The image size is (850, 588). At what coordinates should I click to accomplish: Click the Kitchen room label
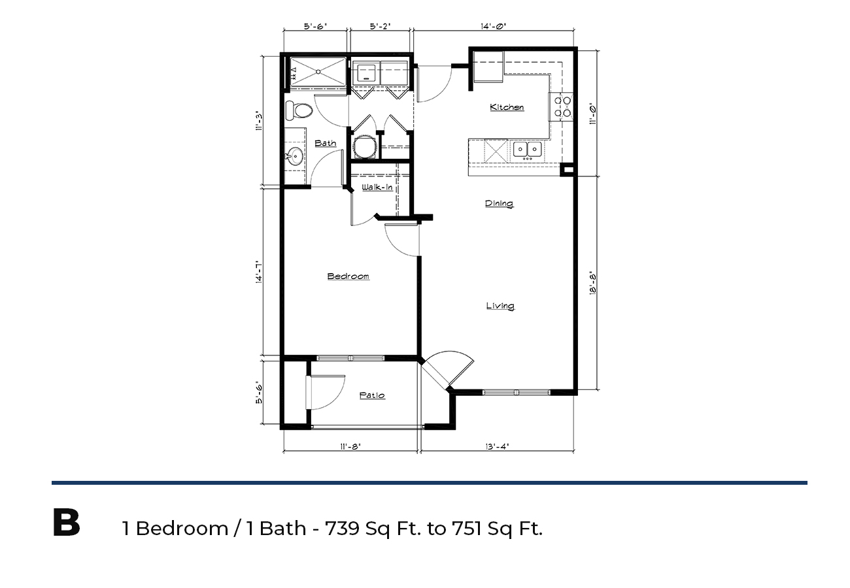click(507, 107)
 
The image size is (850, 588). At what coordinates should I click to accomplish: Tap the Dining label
click(499, 204)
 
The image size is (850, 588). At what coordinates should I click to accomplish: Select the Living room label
click(500, 306)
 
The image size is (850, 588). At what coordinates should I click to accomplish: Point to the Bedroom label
click(348, 276)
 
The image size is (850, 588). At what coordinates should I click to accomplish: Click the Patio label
click(372, 395)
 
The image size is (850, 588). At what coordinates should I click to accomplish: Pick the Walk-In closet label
click(377, 188)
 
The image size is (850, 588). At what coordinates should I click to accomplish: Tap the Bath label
click(326, 143)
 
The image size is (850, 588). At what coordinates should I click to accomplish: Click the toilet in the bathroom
click(299, 110)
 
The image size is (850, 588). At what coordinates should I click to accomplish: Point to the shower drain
click(318, 72)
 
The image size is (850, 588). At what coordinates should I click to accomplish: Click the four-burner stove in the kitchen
click(561, 106)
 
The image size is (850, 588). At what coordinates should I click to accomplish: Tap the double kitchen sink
click(527, 150)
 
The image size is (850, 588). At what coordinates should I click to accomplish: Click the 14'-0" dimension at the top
click(493, 27)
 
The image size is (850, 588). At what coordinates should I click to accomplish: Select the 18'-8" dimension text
click(593, 285)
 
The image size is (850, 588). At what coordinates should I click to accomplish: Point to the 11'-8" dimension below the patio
click(350, 447)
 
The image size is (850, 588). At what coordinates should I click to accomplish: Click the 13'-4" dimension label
click(497, 447)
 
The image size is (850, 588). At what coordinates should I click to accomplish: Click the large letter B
click(66, 523)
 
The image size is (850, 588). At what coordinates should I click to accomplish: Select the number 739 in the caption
click(342, 529)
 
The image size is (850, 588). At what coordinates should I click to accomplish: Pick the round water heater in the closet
click(365, 147)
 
